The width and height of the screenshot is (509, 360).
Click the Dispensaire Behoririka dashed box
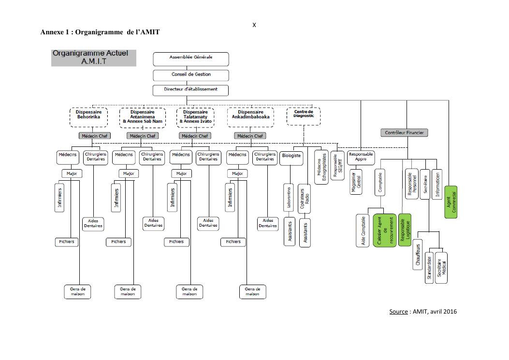tap(89, 116)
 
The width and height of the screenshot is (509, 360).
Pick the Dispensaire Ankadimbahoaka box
tap(250, 116)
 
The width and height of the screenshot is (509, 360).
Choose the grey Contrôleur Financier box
tap(404, 132)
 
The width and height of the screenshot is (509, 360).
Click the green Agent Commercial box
tap(451, 202)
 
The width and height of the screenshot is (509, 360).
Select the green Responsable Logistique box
tap(405, 230)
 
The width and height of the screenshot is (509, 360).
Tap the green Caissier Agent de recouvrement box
tap(384, 230)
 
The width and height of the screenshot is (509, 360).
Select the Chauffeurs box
tap(417, 254)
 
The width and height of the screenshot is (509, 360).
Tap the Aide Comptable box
tap(363, 230)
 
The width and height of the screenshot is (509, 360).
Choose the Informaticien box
tap(437, 184)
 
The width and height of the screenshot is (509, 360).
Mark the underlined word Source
tap(398, 311)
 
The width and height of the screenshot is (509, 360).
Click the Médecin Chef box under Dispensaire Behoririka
tap(92, 136)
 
